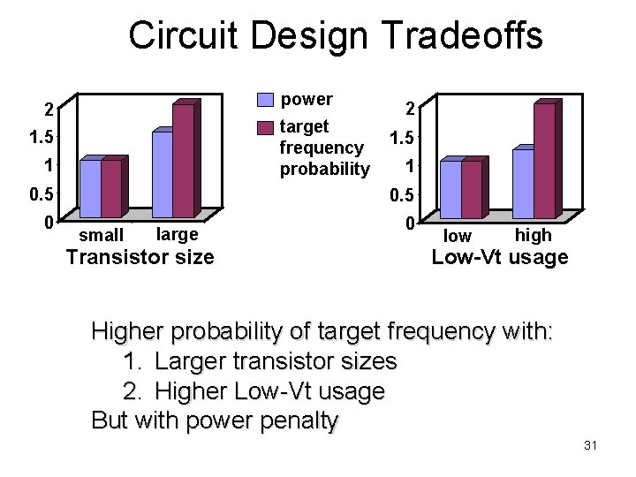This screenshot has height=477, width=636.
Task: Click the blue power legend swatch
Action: click(x=266, y=99)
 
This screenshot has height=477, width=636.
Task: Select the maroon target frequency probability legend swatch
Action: click(x=266, y=128)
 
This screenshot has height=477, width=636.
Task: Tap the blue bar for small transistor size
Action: click(x=90, y=188)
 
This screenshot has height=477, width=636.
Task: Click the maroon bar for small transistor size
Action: click(x=111, y=188)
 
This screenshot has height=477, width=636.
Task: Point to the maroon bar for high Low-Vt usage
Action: click(x=544, y=161)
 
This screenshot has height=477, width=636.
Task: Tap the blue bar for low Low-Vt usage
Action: click(x=450, y=189)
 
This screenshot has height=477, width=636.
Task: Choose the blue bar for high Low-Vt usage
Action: click(x=523, y=184)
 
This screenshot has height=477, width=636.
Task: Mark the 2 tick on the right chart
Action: click(x=410, y=109)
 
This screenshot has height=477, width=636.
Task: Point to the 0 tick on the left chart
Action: click(x=49, y=221)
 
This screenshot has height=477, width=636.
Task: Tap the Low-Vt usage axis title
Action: click(x=499, y=258)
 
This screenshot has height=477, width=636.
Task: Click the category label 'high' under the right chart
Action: click(x=533, y=235)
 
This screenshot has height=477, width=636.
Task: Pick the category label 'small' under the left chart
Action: click(x=102, y=235)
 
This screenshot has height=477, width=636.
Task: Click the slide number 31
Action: click(x=591, y=445)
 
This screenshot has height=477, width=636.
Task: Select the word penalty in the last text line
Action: click(x=295, y=420)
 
